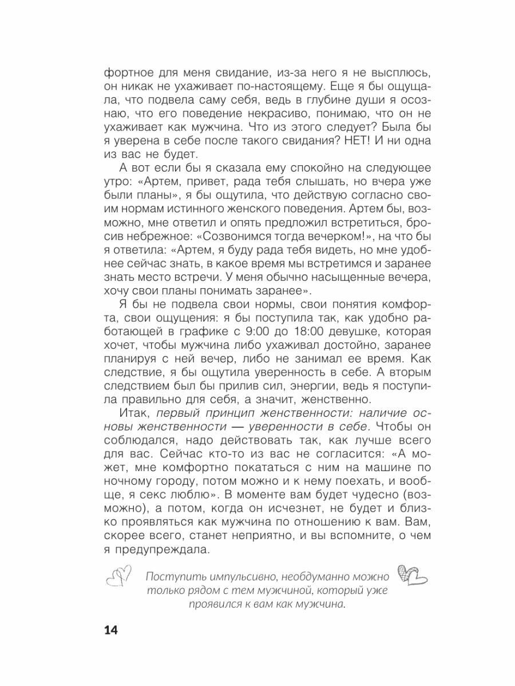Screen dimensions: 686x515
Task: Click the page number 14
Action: pos(110,630)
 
